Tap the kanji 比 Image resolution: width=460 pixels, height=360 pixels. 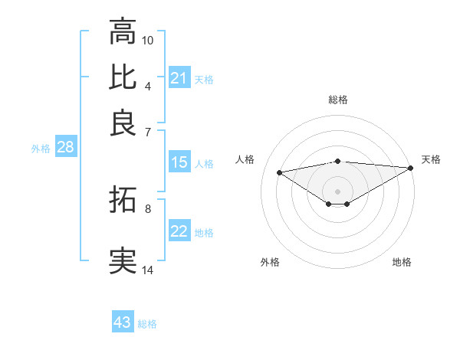[x=123, y=77]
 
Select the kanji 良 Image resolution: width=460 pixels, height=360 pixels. [x=123, y=123]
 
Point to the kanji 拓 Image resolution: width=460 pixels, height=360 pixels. [x=123, y=201]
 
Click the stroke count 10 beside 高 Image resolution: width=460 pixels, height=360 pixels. [x=148, y=40]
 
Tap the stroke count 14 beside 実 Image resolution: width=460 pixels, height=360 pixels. [x=148, y=270]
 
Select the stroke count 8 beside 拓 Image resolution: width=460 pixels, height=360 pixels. [x=148, y=208]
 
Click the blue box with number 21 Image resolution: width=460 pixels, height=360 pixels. [x=179, y=78]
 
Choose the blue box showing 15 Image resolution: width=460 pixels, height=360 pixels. [x=179, y=162]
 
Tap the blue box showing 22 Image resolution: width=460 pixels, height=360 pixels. [x=179, y=231]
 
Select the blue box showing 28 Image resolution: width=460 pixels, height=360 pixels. [x=65, y=148]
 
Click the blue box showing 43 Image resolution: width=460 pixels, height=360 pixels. [x=122, y=322]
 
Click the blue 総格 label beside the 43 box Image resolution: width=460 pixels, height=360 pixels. [x=147, y=324]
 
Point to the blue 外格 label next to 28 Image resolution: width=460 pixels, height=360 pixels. [x=41, y=149]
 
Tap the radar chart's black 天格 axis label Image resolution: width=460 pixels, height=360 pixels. [x=431, y=159]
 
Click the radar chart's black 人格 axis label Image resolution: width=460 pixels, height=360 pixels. [x=245, y=159]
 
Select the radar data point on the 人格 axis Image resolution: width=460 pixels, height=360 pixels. [x=280, y=172]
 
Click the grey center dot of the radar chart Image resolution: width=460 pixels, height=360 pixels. [x=337, y=191]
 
